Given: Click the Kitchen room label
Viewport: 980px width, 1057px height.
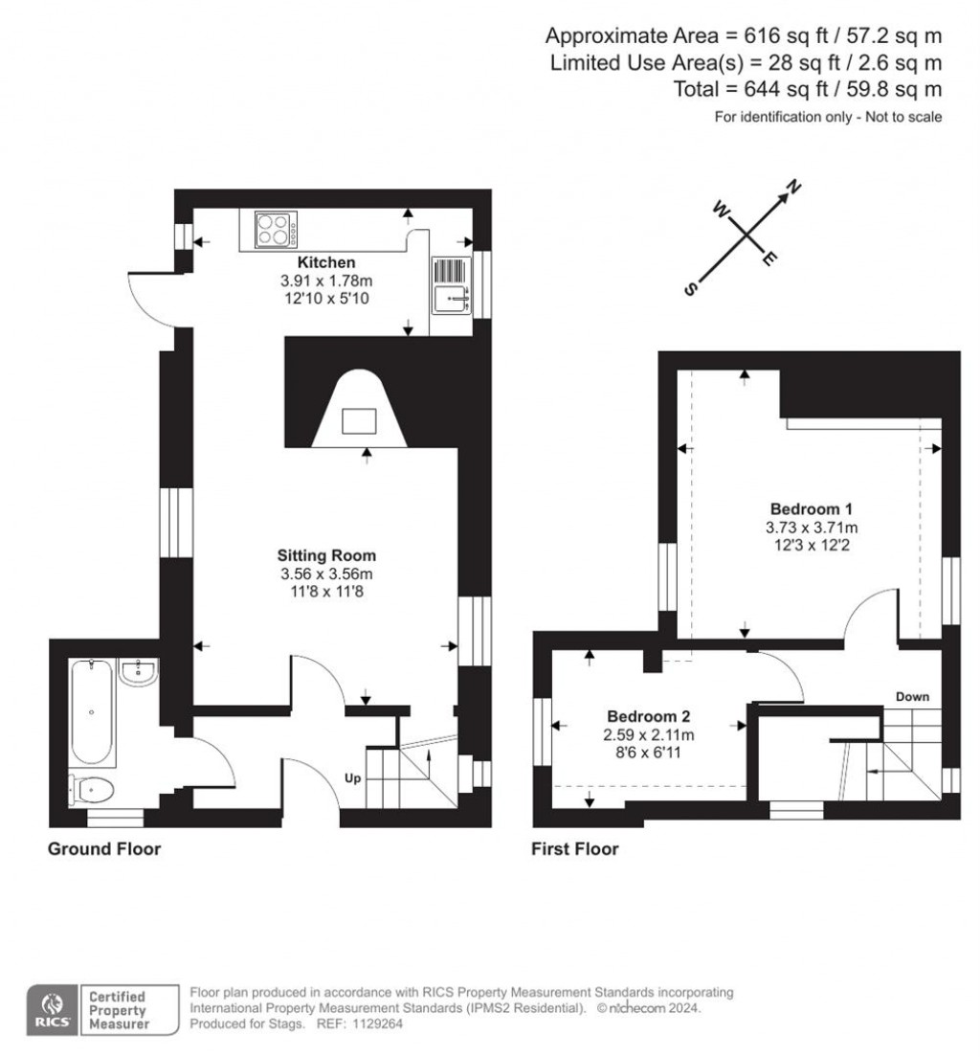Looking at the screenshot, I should tap(326, 262).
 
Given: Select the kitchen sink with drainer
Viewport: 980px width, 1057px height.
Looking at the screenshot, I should tap(451, 286).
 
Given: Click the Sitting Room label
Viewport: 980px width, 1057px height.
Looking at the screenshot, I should tap(326, 555).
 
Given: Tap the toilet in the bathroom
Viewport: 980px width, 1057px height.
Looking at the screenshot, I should tap(93, 791).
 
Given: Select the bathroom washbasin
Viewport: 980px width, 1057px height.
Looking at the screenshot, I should tap(141, 671).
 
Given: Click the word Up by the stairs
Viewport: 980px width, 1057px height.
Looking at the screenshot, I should tap(352, 778).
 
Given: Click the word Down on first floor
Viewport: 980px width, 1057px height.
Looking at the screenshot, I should tap(912, 697).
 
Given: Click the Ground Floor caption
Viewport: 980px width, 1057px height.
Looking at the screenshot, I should tap(104, 849).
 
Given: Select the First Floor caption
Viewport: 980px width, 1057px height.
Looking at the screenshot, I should tap(575, 849).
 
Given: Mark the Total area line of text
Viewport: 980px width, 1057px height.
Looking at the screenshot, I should tap(809, 89).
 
